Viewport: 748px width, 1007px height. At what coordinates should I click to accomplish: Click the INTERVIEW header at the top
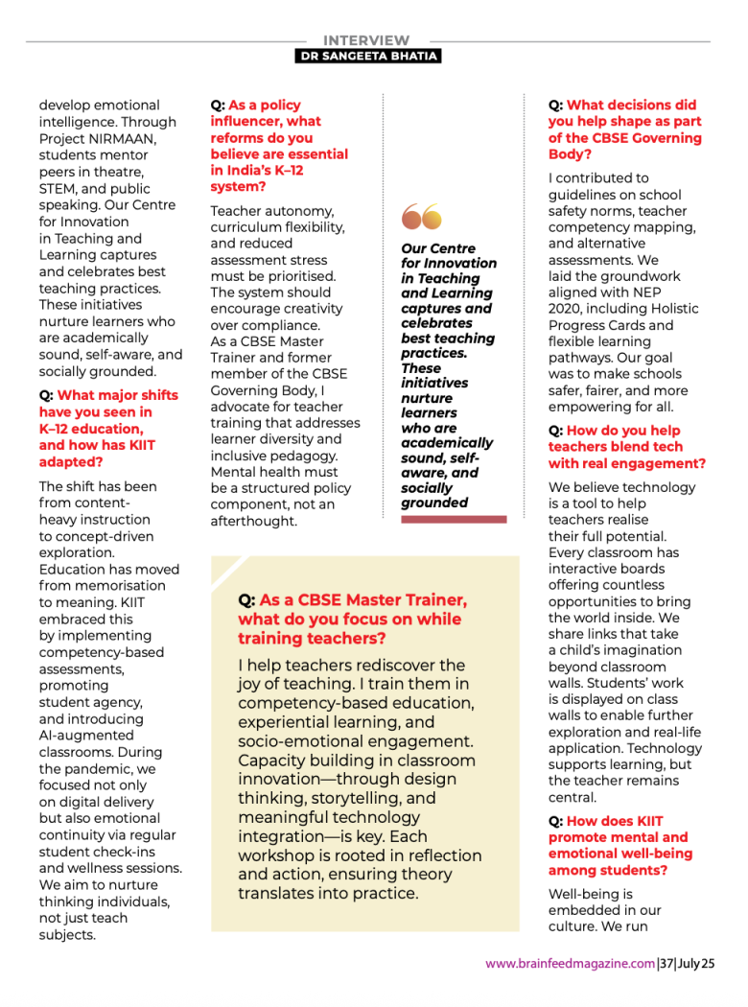(366, 40)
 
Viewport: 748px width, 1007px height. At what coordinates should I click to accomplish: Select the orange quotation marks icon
(422, 219)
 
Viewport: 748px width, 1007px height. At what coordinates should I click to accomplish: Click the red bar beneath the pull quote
(454, 519)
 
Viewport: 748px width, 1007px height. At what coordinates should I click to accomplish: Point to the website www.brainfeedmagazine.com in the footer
(570, 964)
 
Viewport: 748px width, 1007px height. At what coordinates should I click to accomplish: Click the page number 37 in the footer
(666, 964)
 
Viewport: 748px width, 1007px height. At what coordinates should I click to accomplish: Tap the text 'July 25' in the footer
(697, 964)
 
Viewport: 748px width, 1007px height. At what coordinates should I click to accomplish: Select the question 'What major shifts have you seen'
(108, 428)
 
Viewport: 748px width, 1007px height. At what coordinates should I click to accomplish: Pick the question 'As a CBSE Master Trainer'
(353, 619)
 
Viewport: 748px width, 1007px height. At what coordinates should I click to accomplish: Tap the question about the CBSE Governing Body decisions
(624, 129)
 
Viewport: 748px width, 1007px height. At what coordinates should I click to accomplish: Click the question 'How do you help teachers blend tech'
(626, 447)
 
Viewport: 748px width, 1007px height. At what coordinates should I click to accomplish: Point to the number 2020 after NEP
(565, 309)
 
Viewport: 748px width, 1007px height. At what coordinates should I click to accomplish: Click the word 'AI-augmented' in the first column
(85, 736)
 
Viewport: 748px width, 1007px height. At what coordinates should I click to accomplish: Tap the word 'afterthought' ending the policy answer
(254, 522)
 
